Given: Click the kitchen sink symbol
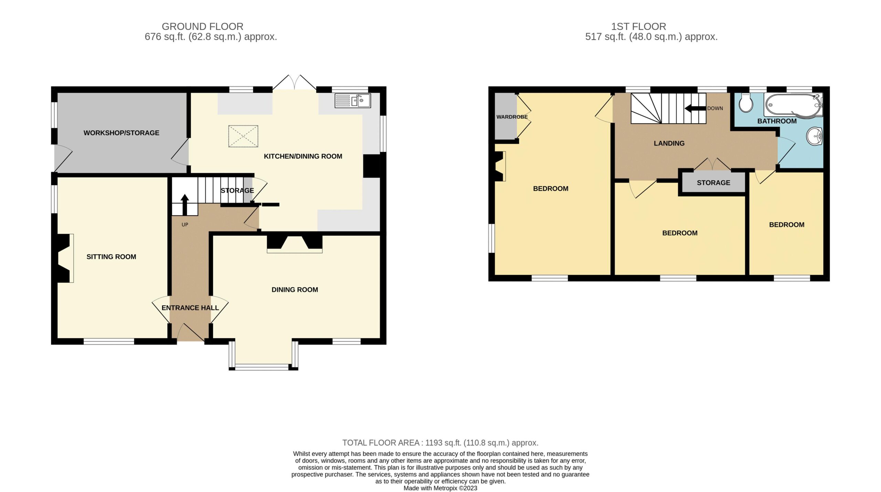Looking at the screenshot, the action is coord(353,100).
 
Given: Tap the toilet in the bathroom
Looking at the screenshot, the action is coord(746,102).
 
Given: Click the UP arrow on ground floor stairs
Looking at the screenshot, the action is coord(185,205).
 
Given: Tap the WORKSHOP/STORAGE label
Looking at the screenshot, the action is coord(121,133).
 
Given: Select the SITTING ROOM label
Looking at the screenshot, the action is coord(111,257).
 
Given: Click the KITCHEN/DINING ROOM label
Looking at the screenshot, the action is coord(303,156).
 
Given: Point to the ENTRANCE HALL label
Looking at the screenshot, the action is coord(190,308).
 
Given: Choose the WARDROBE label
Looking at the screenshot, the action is coord(512,117).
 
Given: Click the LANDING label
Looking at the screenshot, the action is coord(669,143).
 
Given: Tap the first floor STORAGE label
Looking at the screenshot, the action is coord(713,183).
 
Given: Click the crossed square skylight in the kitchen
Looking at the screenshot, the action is coord(243,136).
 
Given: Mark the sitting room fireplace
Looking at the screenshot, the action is coord(63,258).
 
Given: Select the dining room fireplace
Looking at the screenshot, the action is coord(295,244).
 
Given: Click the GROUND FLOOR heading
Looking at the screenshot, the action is coord(203,27).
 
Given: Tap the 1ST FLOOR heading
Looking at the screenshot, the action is coord(639,27).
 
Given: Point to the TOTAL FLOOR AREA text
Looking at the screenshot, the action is coord(440,443).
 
